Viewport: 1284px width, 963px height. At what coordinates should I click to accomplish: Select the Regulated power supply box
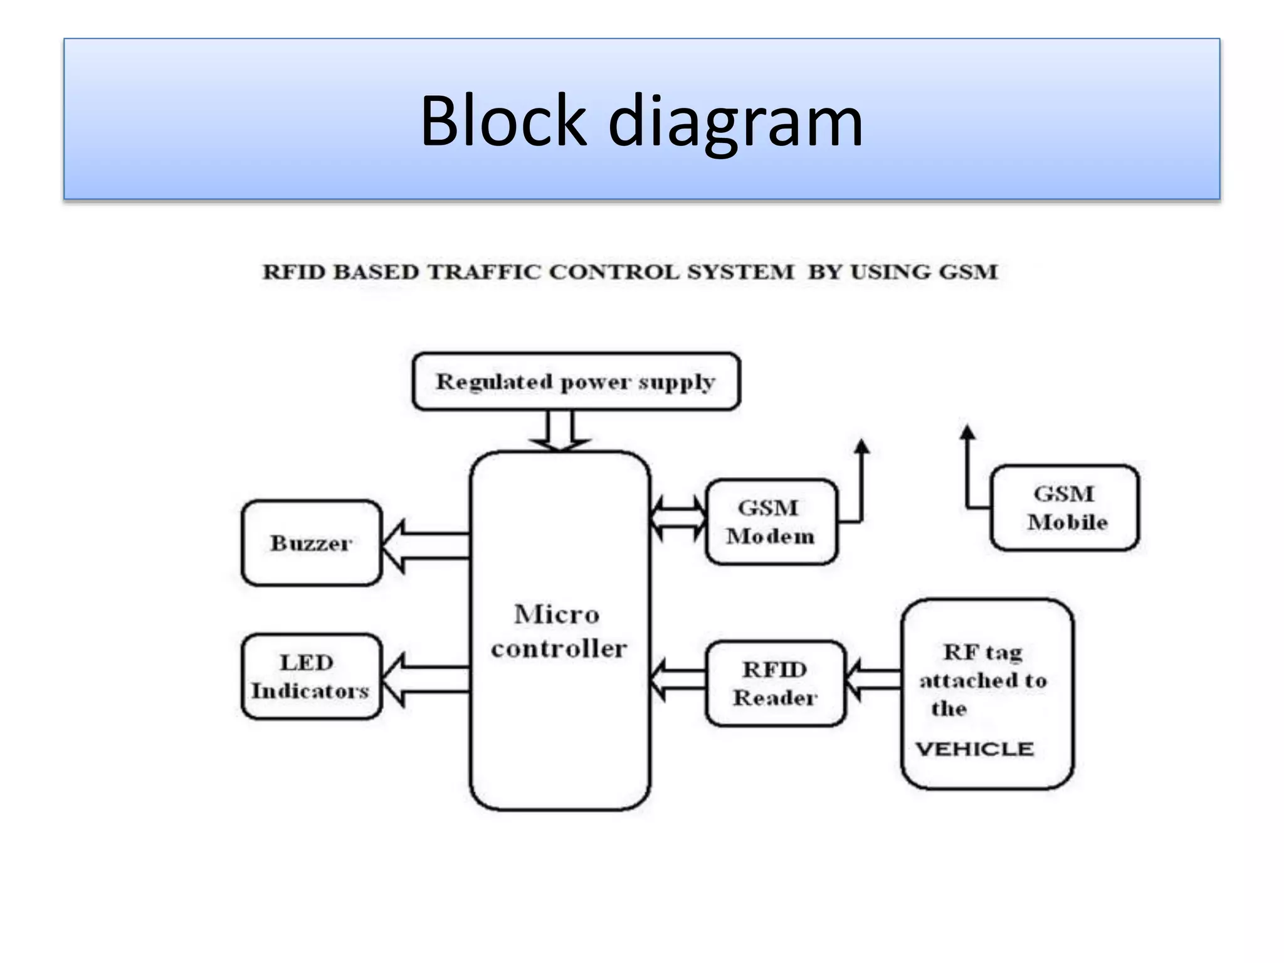[576, 381]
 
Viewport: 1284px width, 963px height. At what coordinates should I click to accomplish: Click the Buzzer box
[311, 543]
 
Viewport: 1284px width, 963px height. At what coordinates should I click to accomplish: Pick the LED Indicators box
[311, 676]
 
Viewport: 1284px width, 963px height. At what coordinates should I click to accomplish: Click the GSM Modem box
[771, 522]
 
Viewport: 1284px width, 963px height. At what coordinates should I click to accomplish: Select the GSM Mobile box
[1065, 508]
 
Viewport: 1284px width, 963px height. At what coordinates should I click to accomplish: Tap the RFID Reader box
[775, 683]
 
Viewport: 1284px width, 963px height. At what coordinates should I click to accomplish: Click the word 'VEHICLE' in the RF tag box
[974, 749]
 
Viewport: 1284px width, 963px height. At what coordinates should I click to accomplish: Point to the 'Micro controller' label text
[558, 631]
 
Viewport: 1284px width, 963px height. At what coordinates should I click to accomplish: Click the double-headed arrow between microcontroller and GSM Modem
[678, 518]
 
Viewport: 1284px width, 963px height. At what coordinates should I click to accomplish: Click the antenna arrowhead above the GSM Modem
[862, 446]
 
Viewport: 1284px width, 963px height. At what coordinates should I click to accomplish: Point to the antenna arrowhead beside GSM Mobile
[967, 433]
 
